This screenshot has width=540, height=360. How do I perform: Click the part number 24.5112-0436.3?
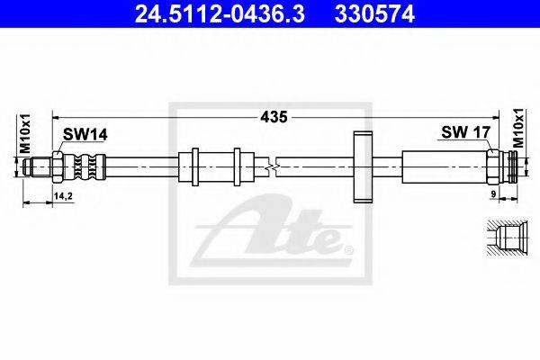coord(220,14)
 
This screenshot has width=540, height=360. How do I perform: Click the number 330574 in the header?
coord(374,14)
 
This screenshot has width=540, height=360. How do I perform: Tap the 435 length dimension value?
coord(274,117)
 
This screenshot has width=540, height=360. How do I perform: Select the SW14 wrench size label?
coord(85,135)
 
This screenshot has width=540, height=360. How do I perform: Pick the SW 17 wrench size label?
coord(465,132)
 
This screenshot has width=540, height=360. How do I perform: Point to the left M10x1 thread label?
coord(25,134)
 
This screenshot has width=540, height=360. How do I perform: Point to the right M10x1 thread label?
coord(518,128)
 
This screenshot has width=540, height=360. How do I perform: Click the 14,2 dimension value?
coord(63,196)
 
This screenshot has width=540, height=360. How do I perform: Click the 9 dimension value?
coord(493,194)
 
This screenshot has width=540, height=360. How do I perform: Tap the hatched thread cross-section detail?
coord(508,238)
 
